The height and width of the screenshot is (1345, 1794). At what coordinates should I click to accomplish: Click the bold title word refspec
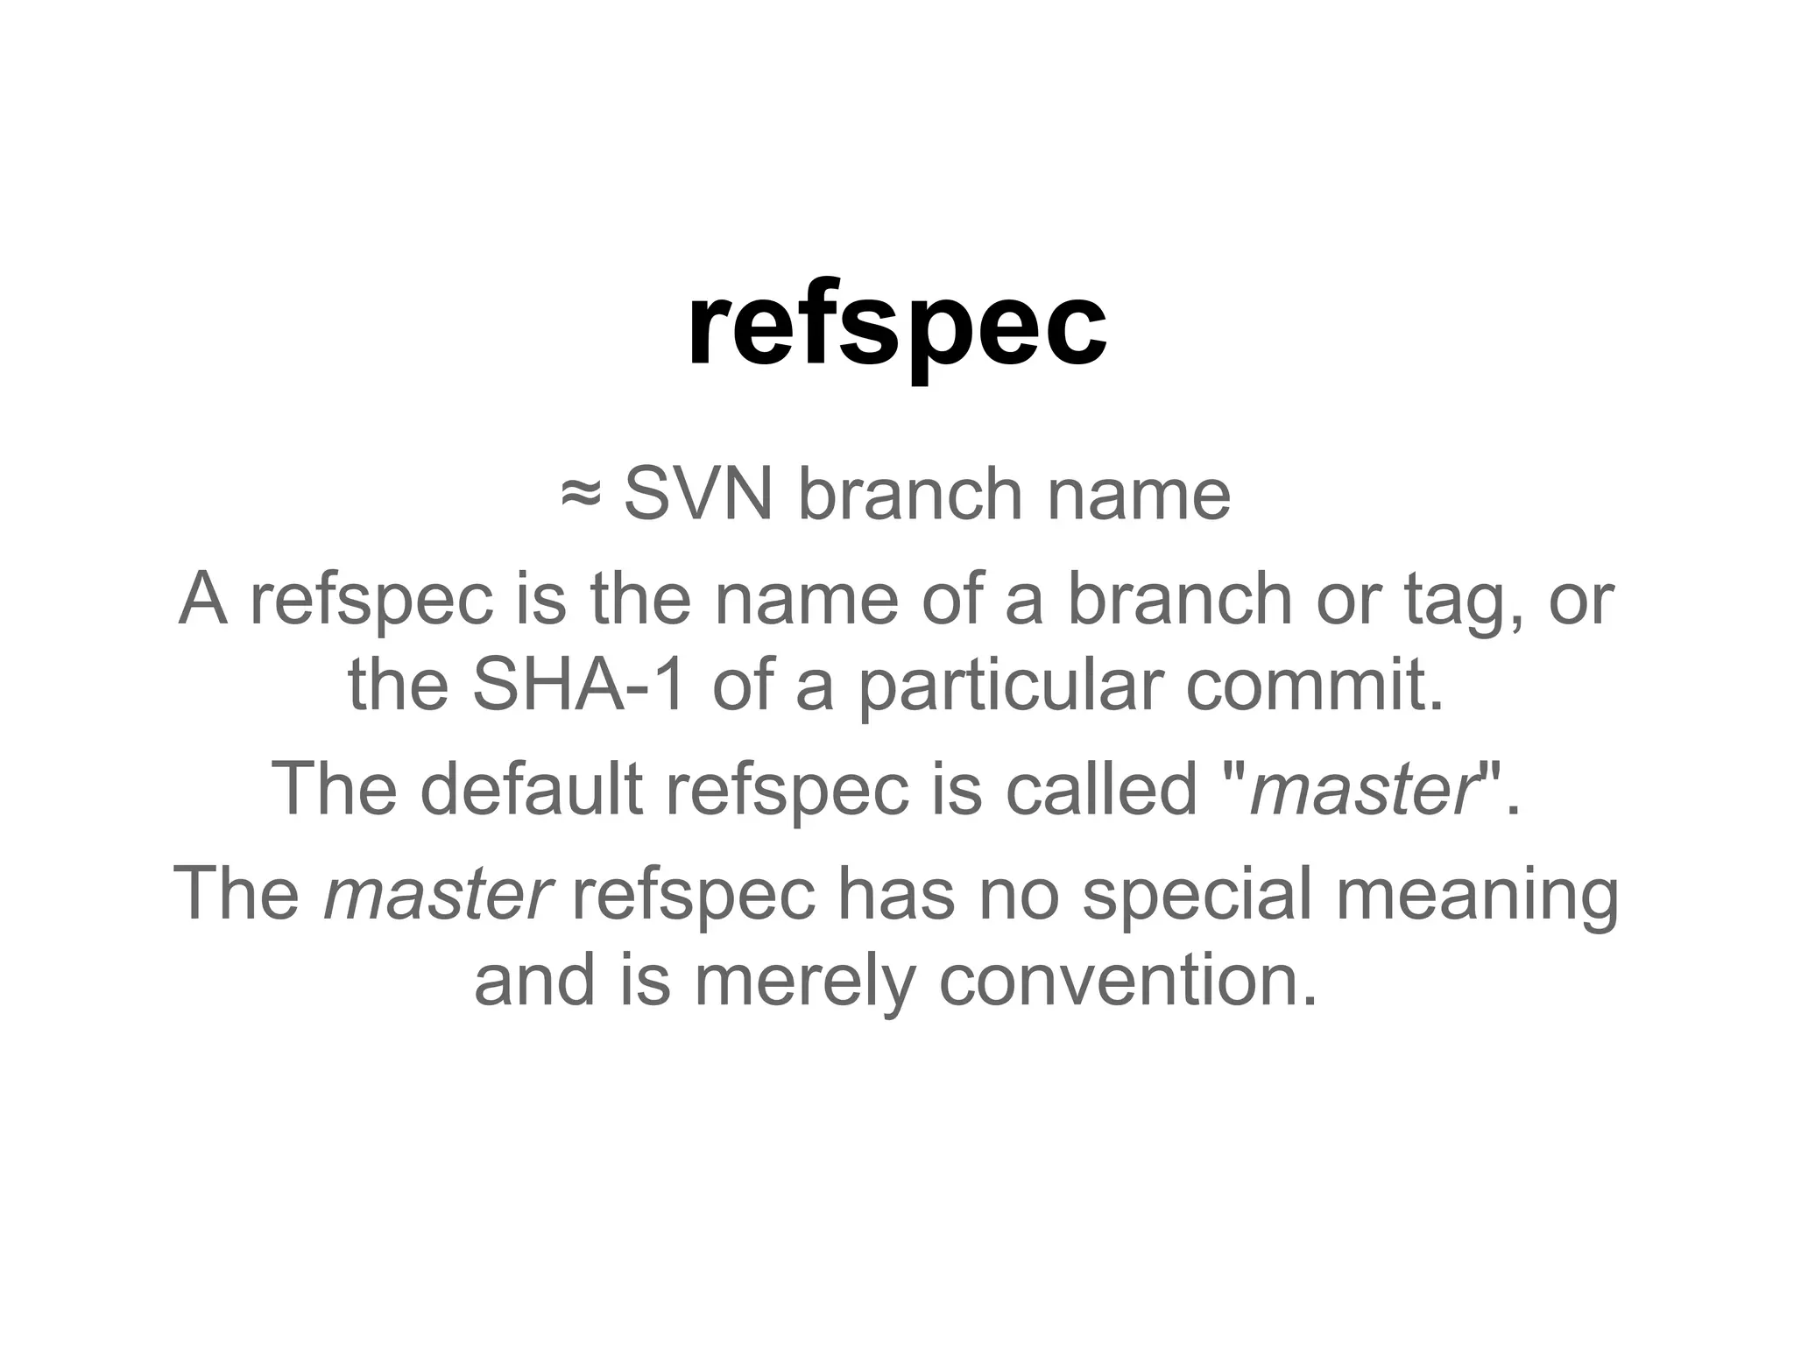click(x=896, y=326)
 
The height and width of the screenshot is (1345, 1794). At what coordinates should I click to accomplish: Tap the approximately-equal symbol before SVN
click(x=581, y=495)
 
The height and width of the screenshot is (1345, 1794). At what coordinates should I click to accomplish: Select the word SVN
click(x=698, y=495)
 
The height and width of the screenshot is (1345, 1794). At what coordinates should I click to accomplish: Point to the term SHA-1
click(x=579, y=686)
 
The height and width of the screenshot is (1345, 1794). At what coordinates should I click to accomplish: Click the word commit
click(x=1314, y=686)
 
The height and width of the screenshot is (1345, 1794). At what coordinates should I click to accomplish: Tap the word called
click(x=1101, y=789)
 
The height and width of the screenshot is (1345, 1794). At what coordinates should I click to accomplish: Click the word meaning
click(x=1477, y=894)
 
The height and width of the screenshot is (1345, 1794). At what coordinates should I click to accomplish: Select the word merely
click(x=805, y=982)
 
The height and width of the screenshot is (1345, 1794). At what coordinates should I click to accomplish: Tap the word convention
click(x=1127, y=980)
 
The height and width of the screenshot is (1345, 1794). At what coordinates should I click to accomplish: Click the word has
click(x=896, y=894)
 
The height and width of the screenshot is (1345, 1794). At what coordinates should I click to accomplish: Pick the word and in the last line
click(x=535, y=980)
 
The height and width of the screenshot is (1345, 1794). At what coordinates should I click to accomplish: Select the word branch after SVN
click(x=910, y=495)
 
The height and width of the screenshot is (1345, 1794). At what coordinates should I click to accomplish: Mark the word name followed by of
click(x=807, y=601)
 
